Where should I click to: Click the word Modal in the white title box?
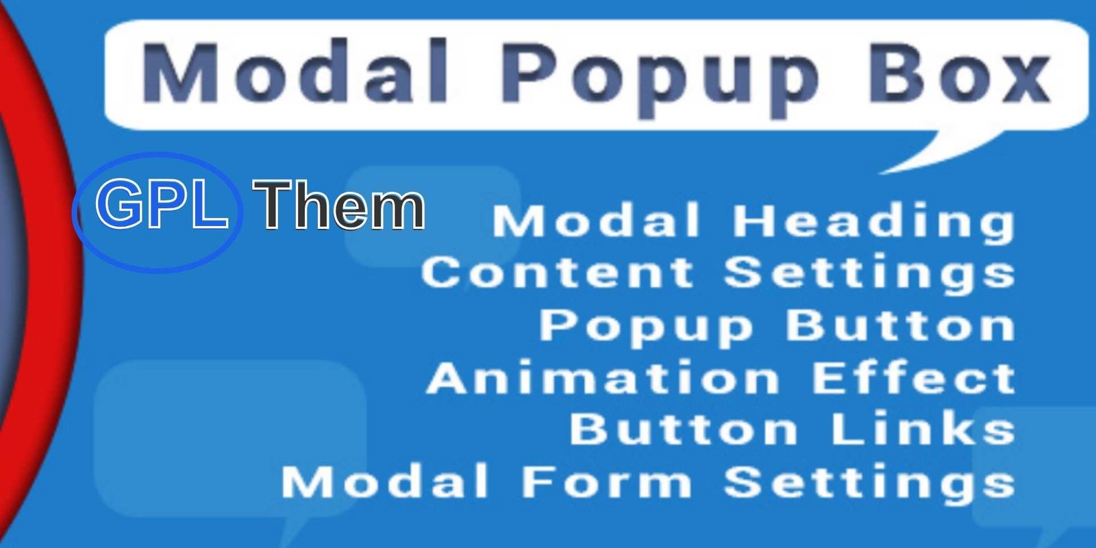[x=295, y=72]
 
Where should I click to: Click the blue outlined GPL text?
[x=162, y=203]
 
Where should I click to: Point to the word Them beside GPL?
[x=338, y=205]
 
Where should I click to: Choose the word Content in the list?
[x=558, y=273]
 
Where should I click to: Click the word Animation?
[x=603, y=377]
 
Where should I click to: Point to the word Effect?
[x=914, y=377]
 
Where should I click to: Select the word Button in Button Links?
[x=684, y=429]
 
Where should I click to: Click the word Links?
[x=923, y=429]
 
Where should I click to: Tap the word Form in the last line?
[x=607, y=482]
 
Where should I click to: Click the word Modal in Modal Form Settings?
[x=385, y=482]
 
